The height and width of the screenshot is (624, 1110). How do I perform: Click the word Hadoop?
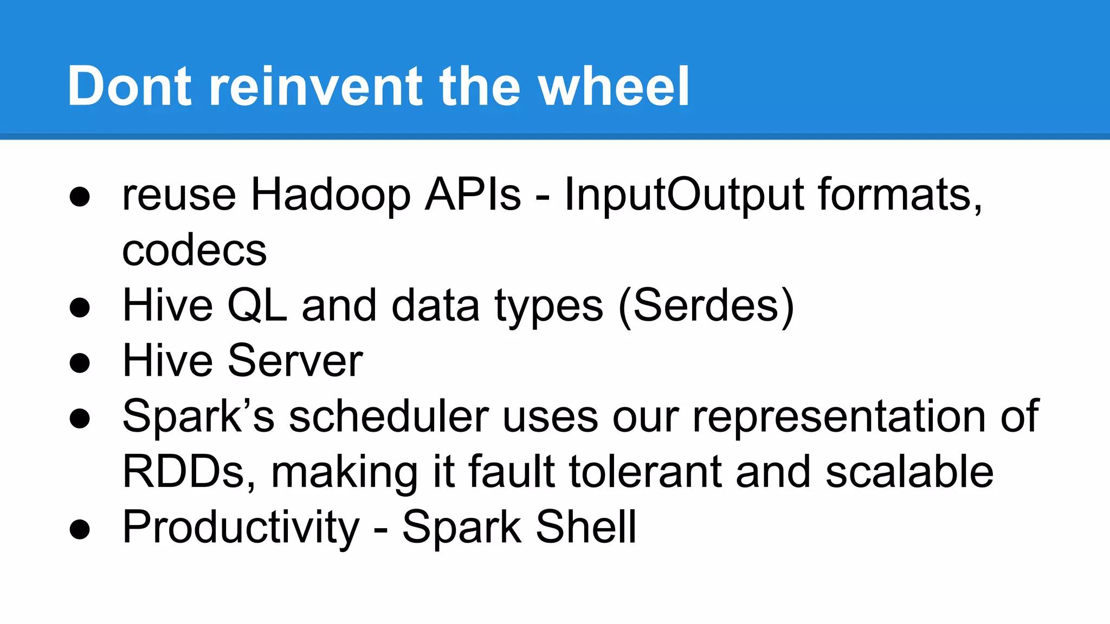331,195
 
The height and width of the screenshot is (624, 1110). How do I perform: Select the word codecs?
195,250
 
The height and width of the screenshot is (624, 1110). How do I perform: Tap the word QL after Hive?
257,306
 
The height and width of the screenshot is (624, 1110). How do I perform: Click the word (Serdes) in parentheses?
706,307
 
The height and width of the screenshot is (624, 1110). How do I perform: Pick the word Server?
295,361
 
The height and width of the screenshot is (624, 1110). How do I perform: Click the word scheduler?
389,417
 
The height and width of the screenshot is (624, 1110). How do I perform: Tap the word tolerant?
646,472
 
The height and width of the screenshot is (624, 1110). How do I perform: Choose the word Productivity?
241,528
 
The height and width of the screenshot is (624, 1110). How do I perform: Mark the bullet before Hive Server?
80,363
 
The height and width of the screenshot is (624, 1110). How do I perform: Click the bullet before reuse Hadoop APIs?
80,197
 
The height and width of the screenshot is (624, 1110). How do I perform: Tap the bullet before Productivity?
80,529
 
